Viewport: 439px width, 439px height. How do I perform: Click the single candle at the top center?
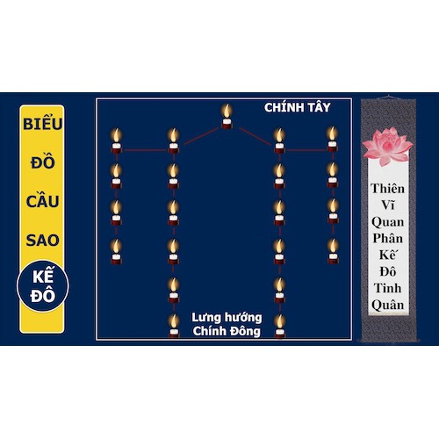(x=227, y=117)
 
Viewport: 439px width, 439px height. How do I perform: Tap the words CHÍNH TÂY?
(x=298, y=107)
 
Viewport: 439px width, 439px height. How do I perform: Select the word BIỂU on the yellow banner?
(x=43, y=124)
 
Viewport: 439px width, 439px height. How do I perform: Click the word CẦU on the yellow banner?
(x=43, y=201)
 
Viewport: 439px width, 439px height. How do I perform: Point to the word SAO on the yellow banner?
(x=43, y=241)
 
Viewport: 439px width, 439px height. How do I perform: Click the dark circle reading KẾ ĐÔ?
(x=43, y=286)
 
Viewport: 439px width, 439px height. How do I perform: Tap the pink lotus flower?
(x=387, y=148)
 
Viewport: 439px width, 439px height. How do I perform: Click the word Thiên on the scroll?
(x=388, y=188)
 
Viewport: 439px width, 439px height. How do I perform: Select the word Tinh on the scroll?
(x=388, y=288)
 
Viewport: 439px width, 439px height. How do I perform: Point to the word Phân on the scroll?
(x=388, y=238)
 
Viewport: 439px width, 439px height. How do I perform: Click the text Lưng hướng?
(x=227, y=318)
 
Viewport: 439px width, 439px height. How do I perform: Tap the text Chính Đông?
(x=227, y=331)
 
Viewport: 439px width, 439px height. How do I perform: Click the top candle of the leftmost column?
(x=116, y=140)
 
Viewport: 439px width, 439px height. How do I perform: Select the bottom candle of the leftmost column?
(x=116, y=252)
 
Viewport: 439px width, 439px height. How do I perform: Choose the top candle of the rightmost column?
(x=332, y=140)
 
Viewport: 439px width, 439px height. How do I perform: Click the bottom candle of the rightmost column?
(x=333, y=251)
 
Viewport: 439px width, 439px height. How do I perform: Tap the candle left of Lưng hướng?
(x=174, y=326)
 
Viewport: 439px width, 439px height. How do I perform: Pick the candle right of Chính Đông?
(x=280, y=326)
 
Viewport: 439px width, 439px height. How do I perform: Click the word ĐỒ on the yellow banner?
(x=43, y=162)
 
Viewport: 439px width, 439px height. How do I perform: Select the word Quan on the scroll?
(x=388, y=222)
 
